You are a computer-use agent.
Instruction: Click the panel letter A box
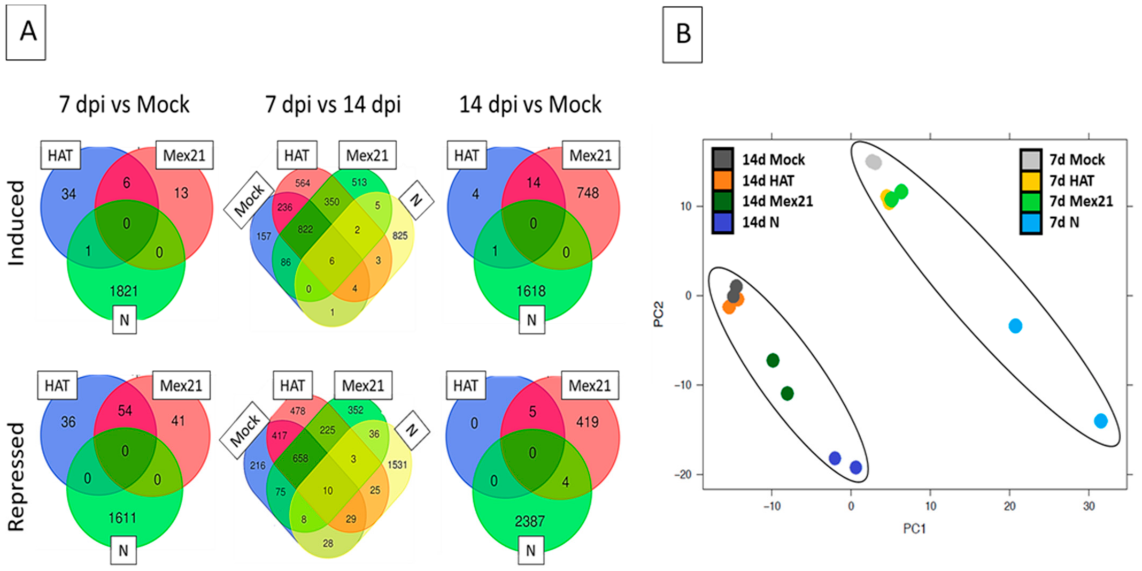[x=26, y=32]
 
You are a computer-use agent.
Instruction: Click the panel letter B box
[x=682, y=35]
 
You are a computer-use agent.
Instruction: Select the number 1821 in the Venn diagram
[x=124, y=291]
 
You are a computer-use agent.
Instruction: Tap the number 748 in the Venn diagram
[x=588, y=193]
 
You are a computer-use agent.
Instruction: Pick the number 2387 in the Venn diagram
[x=530, y=521]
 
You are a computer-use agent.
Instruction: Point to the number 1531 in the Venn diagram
[x=397, y=465]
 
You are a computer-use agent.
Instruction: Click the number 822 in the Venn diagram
[x=305, y=230]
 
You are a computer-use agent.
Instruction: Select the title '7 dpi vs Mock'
[x=124, y=104]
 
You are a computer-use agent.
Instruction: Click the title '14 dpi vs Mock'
[x=530, y=104]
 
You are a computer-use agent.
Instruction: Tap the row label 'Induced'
[x=17, y=223]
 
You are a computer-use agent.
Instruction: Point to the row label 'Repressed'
[x=17, y=476]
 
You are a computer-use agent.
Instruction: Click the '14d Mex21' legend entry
[x=777, y=201]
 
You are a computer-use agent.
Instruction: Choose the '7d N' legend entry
[x=1064, y=222]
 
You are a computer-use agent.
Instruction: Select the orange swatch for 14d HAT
[x=722, y=180]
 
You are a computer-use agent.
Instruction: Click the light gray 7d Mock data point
[x=873, y=162]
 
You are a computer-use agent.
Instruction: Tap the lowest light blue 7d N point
[x=1100, y=421]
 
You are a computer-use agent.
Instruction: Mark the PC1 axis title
[x=914, y=529]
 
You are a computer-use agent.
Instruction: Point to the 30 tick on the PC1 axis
[x=1089, y=506]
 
